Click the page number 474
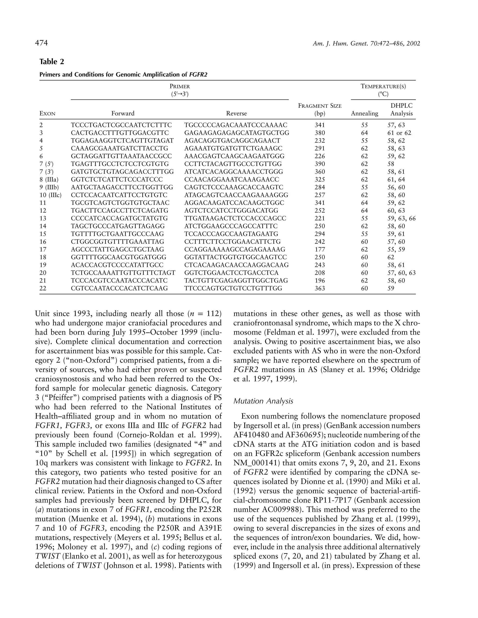click(41, 43)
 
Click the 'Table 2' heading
click(52, 62)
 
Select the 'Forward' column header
click(123, 114)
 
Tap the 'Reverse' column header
click(236, 114)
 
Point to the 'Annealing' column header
click(364, 114)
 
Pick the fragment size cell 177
click(320, 249)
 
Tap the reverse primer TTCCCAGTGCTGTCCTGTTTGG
click(233, 288)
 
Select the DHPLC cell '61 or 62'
click(399, 133)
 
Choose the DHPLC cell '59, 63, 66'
click(401, 218)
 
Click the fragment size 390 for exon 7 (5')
click(320, 164)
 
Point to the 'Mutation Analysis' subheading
click(263, 401)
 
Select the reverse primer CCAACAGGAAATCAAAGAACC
click(231, 179)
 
